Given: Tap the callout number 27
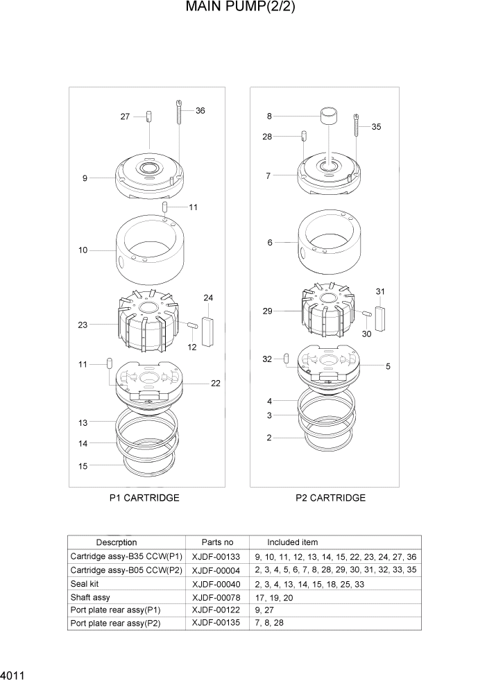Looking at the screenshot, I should click(125, 117).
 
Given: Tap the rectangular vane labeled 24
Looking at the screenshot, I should click(208, 325).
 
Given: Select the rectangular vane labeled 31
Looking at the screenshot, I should click(380, 318).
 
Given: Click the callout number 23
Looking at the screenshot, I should click(83, 324).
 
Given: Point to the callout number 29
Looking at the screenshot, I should click(267, 311).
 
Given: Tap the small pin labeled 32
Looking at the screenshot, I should click(287, 358).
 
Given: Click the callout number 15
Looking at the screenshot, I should click(83, 466).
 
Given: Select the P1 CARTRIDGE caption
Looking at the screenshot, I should click(144, 498).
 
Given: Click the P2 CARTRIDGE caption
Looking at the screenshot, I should click(330, 498).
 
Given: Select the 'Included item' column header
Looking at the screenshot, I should click(292, 542).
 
